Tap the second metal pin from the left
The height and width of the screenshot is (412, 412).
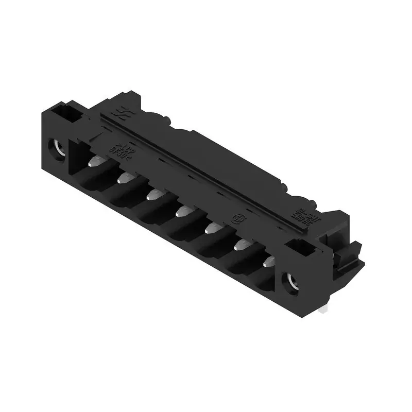pos(125,178)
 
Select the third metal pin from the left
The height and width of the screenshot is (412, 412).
pos(154,194)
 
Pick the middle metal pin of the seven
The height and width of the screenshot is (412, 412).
pos(183,210)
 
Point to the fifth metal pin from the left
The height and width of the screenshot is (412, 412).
pos(212,227)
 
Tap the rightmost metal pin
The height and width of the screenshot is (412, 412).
pos(268,262)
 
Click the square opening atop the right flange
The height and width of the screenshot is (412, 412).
pos(303,249)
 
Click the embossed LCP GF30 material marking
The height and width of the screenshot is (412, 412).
pos(116,150)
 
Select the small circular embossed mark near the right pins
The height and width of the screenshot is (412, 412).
pos(238,218)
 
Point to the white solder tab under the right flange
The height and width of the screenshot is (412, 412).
pos(322,309)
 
